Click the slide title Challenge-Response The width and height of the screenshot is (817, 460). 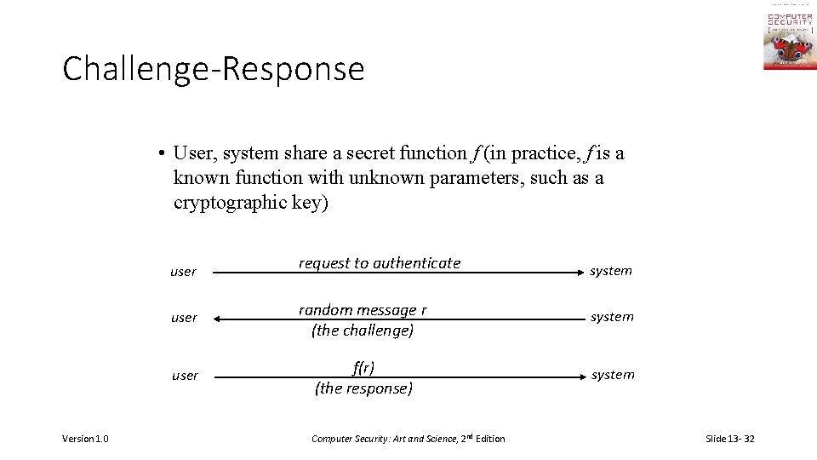pos(213,69)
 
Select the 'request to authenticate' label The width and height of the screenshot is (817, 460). pos(379,263)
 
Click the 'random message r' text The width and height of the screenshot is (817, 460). pos(363,310)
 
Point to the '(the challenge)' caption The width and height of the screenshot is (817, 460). pos(363,331)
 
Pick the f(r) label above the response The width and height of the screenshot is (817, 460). pos(363,368)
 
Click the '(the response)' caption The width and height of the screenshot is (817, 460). pos(363,388)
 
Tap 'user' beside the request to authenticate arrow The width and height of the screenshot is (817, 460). pos(183,272)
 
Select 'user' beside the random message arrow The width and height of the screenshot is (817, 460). pos(184,318)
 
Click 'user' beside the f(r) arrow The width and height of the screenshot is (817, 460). pos(185,376)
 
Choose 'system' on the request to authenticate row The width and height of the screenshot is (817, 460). pos(611,271)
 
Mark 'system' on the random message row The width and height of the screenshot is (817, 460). pos(613,317)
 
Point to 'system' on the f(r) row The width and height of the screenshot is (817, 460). pos(614,375)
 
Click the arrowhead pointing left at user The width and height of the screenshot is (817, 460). pos(217,319)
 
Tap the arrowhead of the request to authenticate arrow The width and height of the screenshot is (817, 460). pos(577,273)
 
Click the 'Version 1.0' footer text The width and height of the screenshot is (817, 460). pos(85,439)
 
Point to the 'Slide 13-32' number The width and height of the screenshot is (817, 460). pos(729,439)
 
